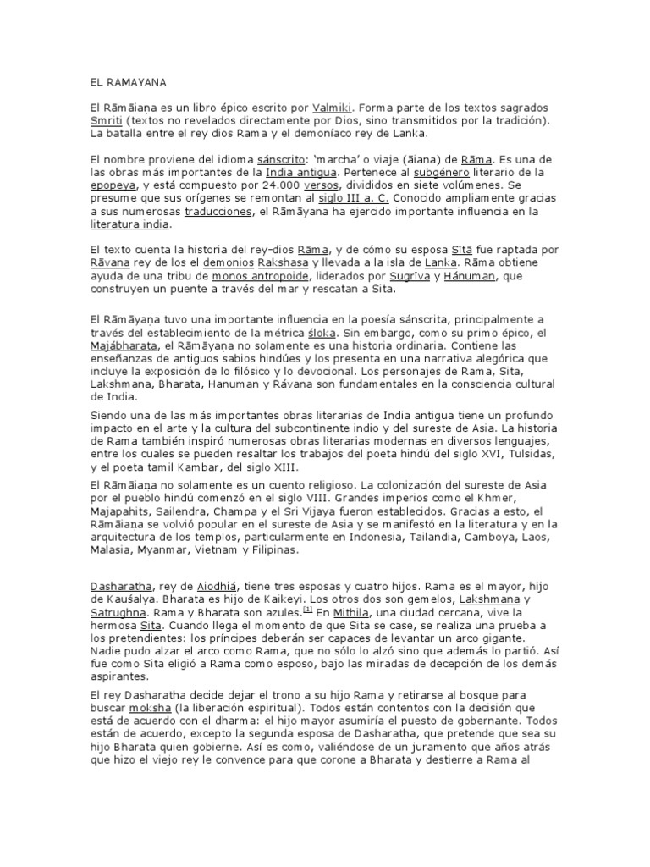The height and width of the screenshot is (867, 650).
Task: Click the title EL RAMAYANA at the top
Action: [129, 83]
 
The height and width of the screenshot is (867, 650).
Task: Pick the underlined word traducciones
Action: [219, 211]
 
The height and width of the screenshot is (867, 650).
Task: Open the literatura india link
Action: [130, 224]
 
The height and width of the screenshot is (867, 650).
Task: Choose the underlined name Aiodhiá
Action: [218, 586]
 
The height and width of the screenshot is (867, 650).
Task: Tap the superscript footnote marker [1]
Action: [308, 609]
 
